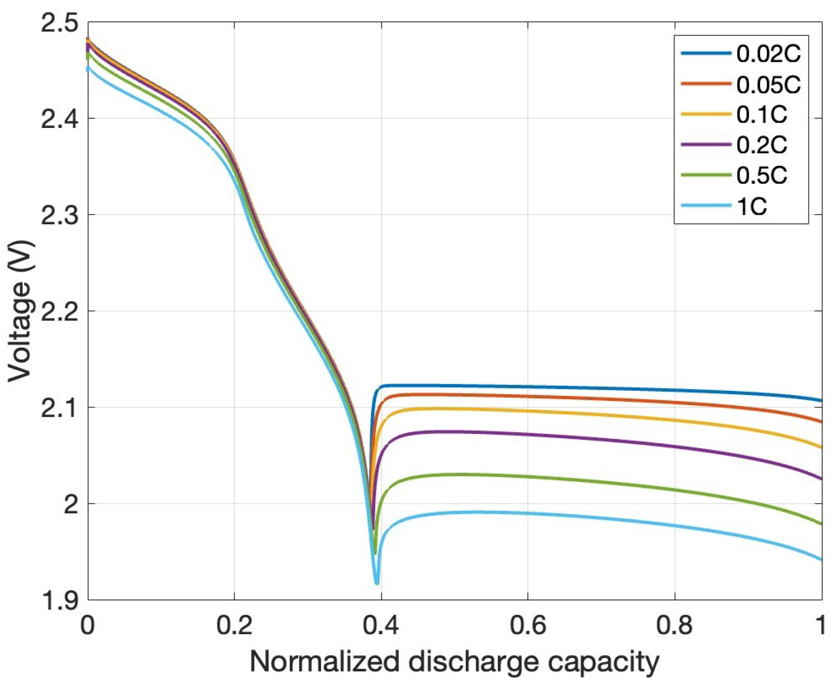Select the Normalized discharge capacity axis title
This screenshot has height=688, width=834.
point(455,662)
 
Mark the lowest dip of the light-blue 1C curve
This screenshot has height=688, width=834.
point(377,582)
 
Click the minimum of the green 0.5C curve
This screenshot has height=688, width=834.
point(375,553)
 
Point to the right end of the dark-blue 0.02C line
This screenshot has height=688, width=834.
point(821,401)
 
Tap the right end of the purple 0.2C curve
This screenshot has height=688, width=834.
point(821,479)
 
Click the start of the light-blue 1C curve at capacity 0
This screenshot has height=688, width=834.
point(88,69)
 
